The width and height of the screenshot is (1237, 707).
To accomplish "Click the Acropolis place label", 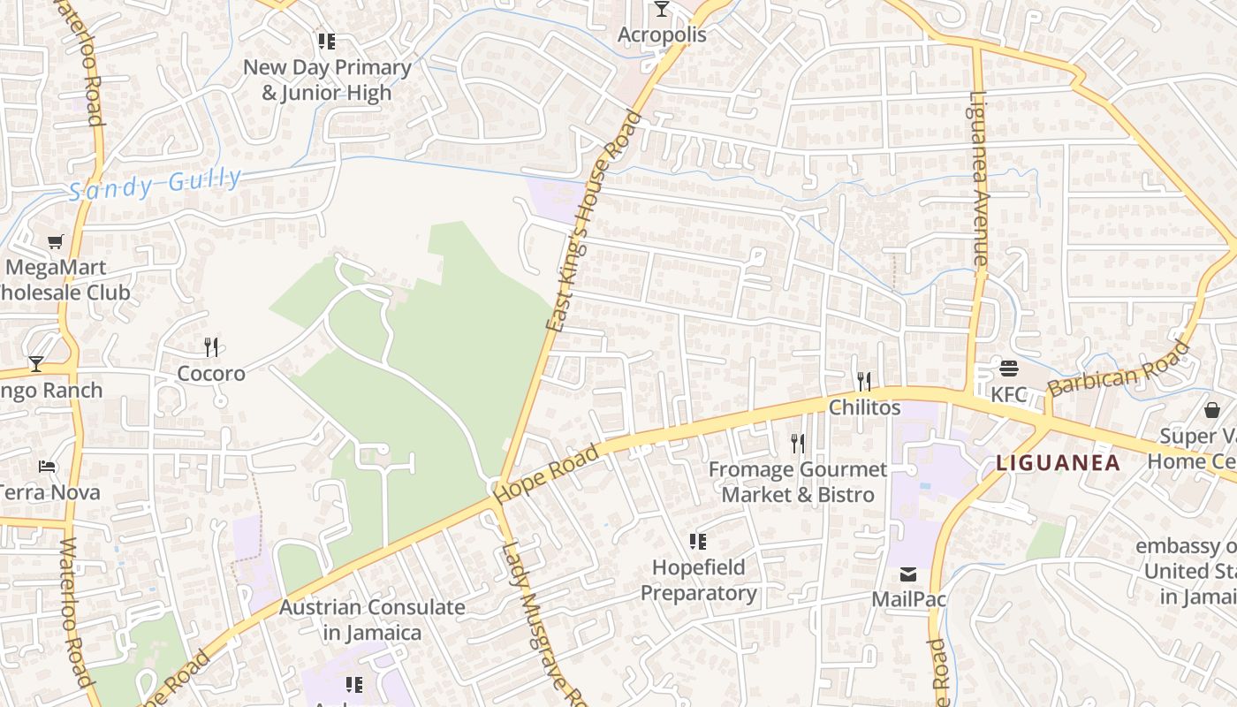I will [662, 34].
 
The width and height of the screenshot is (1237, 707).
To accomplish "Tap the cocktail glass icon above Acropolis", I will [662, 9].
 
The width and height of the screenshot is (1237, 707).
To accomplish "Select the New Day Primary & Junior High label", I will [327, 80].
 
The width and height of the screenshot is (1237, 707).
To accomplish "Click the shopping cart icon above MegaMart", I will [56, 241].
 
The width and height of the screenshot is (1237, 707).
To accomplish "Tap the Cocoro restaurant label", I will [211, 374].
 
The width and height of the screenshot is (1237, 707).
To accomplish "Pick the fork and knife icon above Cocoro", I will [211, 346].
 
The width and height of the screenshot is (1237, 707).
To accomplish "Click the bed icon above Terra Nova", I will [47, 467].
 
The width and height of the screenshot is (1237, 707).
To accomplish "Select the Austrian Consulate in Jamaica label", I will [372, 620].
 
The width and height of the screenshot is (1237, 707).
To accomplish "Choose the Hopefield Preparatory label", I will [698, 580].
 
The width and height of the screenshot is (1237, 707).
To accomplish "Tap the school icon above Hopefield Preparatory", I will [698, 541].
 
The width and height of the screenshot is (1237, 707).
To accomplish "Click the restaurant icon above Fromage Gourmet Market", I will [797, 443].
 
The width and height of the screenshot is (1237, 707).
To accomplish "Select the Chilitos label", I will [864, 407].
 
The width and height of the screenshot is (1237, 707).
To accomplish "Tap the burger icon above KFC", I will [1009, 368].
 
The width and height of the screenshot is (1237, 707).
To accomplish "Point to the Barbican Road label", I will [1119, 369].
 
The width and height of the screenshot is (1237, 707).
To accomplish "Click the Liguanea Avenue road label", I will [978, 179].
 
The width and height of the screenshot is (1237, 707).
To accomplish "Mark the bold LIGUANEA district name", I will [1058, 462].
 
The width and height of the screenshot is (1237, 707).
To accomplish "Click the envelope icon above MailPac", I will [908, 574].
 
